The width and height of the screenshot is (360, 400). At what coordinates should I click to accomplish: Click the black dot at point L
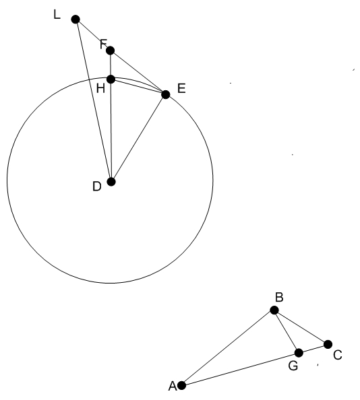click(x=76, y=19)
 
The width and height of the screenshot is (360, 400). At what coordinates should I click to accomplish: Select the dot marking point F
click(x=111, y=51)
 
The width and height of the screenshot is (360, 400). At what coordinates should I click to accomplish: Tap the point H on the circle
click(x=111, y=79)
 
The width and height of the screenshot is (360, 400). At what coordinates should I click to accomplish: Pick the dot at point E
click(x=166, y=95)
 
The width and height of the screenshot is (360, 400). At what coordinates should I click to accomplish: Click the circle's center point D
click(x=111, y=182)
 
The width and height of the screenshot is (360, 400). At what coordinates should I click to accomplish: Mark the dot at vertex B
click(x=274, y=310)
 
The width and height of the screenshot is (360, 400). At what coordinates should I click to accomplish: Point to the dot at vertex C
click(x=328, y=344)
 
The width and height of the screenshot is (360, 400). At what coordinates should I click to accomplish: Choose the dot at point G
click(x=299, y=353)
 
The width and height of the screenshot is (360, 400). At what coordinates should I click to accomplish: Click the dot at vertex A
click(x=181, y=385)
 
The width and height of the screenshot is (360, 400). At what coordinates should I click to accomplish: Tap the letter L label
click(x=57, y=15)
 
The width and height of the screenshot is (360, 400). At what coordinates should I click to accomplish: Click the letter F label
click(x=103, y=44)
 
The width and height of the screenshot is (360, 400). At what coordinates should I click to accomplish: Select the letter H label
click(x=100, y=88)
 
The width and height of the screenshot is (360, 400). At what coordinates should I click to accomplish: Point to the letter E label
click(x=181, y=88)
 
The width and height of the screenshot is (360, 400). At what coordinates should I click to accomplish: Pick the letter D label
click(x=97, y=187)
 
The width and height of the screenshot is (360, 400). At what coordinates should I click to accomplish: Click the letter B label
click(x=279, y=298)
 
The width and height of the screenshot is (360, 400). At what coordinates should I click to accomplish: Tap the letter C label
click(x=338, y=355)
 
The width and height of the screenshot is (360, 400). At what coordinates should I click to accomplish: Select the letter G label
click(x=293, y=366)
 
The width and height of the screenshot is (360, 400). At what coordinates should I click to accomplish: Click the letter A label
click(x=173, y=387)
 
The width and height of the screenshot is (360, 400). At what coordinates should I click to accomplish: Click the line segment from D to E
click(x=138, y=138)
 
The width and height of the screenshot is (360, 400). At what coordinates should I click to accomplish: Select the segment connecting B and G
click(x=287, y=331)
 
